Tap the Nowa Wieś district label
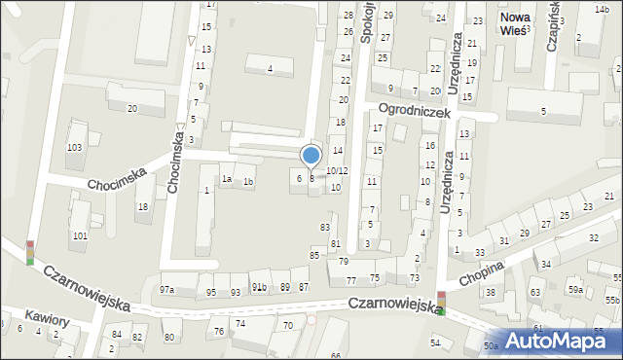512,23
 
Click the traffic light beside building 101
29,252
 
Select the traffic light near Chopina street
441,304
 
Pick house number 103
74,147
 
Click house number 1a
225,179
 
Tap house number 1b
248,182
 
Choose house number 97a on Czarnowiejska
167,290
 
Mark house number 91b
259,287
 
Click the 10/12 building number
337,170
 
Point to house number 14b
602,9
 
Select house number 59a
576,289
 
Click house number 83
325,227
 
